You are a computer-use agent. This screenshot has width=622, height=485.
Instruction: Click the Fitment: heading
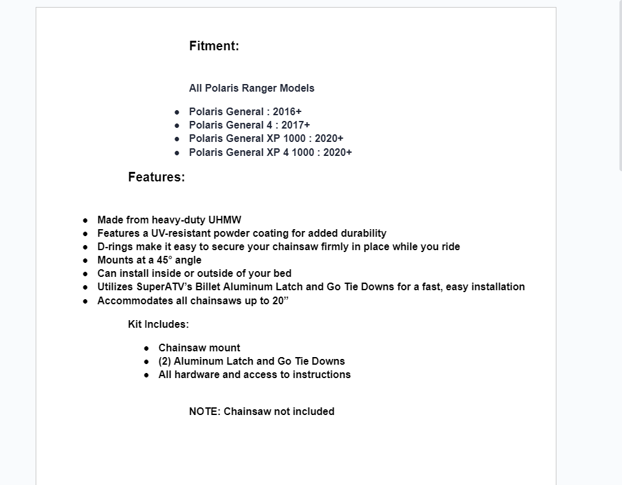pyautogui.click(x=214, y=46)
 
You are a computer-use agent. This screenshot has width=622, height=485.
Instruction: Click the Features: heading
pyautogui.click(x=156, y=177)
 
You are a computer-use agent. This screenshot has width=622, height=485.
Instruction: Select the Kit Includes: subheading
pyautogui.click(x=158, y=324)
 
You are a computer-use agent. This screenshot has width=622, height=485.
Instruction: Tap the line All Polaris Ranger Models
pyautogui.click(x=251, y=88)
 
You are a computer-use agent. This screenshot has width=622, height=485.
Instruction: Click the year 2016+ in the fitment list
pyautogui.click(x=287, y=111)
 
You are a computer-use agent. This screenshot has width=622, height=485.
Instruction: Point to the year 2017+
pyautogui.click(x=295, y=125)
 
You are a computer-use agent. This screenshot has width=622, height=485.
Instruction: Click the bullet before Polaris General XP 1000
pyautogui.click(x=177, y=139)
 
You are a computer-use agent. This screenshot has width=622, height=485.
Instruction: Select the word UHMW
pyautogui.click(x=225, y=220)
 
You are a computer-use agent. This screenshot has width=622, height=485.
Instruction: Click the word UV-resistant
pyautogui.click(x=176, y=234)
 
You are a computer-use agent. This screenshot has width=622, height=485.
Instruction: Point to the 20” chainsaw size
pyautogui.click(x=280, y=300)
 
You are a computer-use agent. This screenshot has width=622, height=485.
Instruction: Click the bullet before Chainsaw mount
pyautogui.click(x=146, y=348)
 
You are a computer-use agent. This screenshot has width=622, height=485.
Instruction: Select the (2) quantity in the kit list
pyautogui.click(x=164, y=362)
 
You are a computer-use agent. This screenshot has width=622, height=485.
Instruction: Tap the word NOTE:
pyautogui.click(x=204, y=411)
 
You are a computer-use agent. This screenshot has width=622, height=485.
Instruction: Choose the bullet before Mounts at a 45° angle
pyautogui.click(x=85, y=260)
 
